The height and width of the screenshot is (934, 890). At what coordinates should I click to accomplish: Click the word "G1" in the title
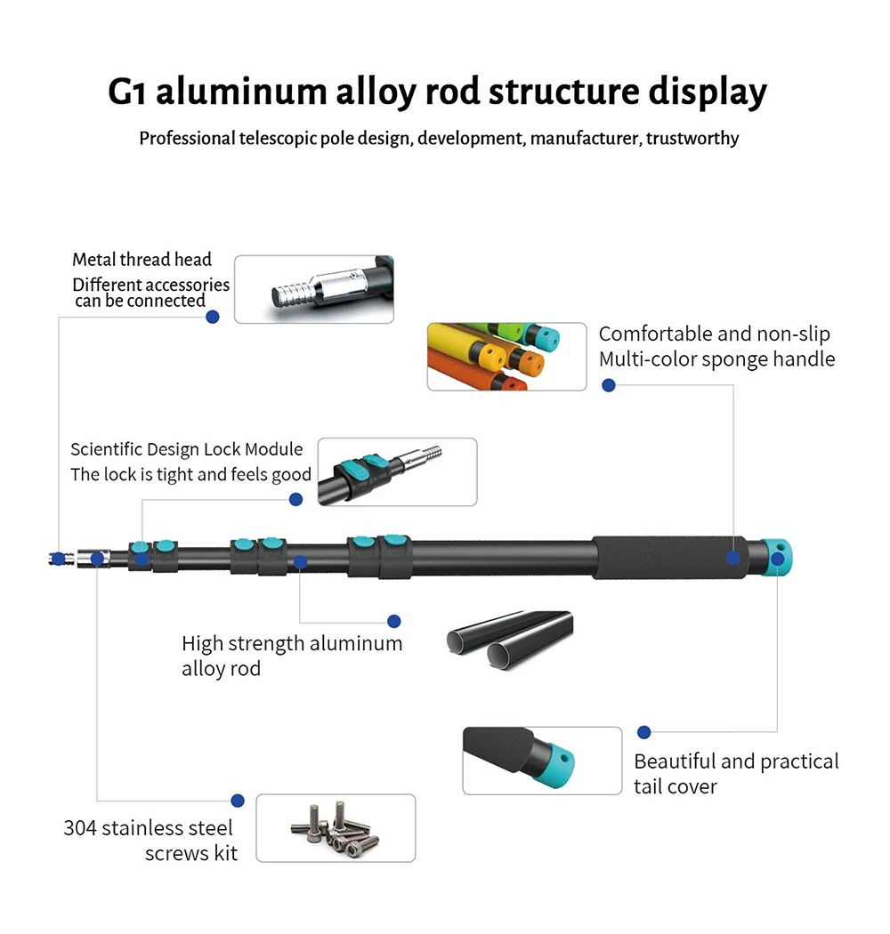[128, 93]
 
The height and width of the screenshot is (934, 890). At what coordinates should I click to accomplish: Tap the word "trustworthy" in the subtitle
[692, 139]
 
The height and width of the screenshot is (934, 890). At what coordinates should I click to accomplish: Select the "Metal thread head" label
[142, 260]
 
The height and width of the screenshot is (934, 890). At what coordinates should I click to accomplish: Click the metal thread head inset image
[313, 289]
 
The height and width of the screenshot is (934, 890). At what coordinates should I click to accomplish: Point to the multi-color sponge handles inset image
[506, 357]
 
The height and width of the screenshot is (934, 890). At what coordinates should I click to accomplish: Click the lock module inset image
[397, 471]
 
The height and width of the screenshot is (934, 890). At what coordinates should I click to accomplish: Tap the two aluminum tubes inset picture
[509, 640]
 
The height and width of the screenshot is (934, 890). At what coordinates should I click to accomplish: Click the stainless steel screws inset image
[336, 828]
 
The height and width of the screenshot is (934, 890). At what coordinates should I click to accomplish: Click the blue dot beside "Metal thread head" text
[212, 317]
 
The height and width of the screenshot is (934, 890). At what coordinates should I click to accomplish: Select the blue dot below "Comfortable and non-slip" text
[609, 385]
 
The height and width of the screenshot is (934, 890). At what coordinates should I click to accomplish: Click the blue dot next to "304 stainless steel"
[238, 801]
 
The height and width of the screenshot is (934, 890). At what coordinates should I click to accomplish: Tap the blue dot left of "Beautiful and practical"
[644, 732]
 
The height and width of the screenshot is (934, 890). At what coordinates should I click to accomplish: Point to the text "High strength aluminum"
[292, 643]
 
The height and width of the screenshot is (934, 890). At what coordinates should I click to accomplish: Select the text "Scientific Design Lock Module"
[187, 449]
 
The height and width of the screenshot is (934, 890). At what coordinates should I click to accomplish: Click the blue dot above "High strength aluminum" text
[394, 621]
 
